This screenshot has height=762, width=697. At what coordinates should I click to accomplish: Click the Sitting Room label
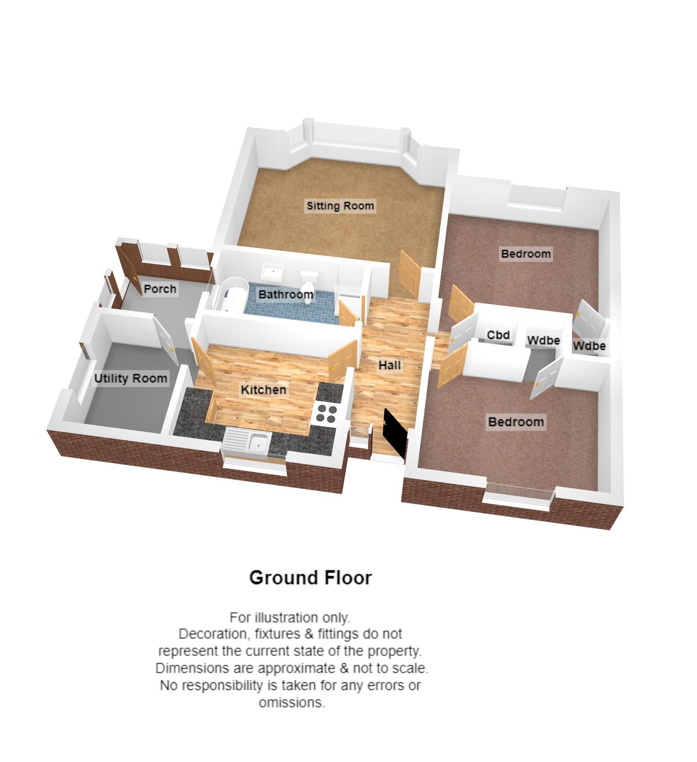[340, 206]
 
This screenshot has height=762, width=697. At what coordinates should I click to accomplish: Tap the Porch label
[160, 289]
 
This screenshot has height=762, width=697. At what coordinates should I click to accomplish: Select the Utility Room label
[130, 379]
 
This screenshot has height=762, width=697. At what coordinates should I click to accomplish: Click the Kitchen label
[263, 390]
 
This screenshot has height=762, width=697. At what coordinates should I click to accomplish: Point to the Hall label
[389, 365]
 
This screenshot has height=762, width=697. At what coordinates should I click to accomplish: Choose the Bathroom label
[286, 294]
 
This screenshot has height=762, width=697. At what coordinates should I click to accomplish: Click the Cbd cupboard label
[498, 335]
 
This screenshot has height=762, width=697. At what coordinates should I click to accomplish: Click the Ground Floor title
[310, 578]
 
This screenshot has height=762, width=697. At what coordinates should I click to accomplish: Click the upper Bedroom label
[526, 254]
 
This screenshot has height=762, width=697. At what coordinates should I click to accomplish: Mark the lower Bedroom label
[516, 422]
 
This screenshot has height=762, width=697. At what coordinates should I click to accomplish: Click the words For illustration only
[290, 617]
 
